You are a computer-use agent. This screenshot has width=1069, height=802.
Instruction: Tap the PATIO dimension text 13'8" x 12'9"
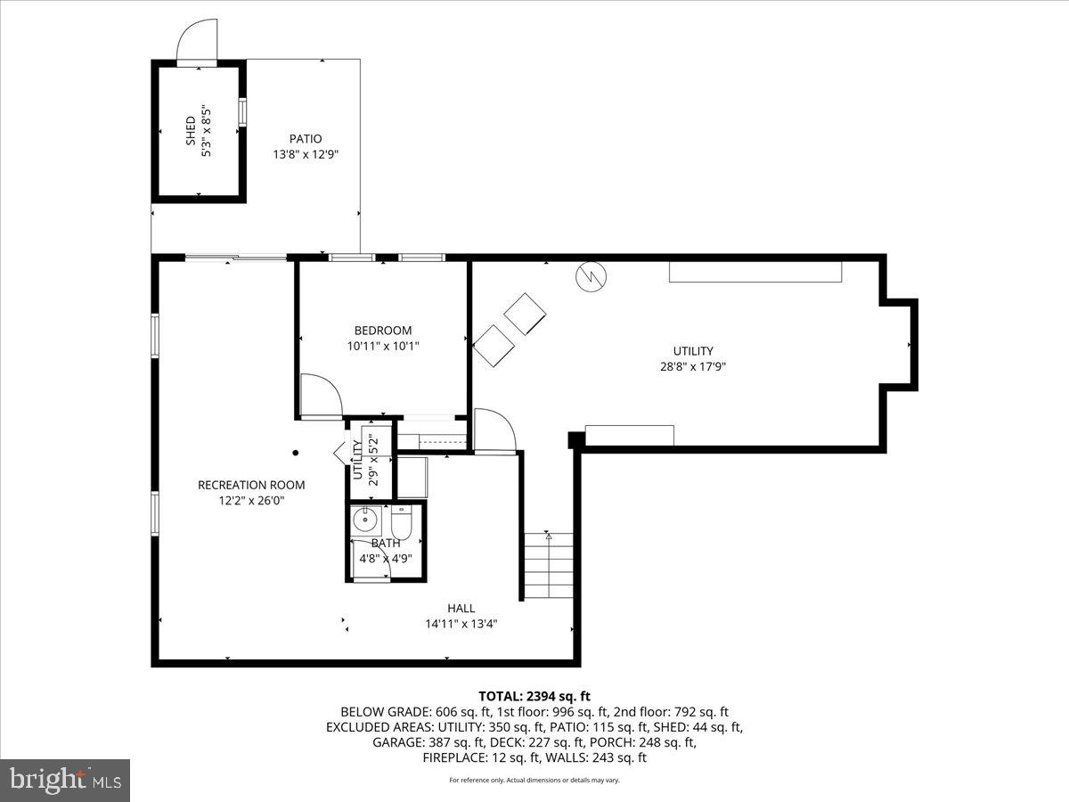click(x=306, y=154)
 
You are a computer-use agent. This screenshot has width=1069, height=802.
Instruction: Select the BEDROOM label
click(x=383, y=331)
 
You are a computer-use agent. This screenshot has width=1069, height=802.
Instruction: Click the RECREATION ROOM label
click(x=251, y=485)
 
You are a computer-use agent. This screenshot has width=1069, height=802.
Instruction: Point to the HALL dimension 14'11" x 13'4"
click(x=461, y=624)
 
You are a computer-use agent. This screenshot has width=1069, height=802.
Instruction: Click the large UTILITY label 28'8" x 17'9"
click(x=693, y=358)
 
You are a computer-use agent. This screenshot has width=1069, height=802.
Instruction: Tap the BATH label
click(x=386, y=543)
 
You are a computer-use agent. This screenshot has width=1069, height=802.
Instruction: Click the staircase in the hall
click(x=548, y=566)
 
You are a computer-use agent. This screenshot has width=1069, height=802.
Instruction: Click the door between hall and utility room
click(x=494, y=432)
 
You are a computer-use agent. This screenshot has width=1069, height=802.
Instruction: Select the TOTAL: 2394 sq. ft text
click(x=534, y=696)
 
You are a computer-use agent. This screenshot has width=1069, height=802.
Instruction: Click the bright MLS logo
click(x=65, y=781)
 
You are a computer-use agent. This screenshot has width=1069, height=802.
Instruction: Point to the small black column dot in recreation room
click(x=297, y=453)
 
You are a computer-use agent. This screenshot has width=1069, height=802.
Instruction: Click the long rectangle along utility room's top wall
click(x=755, y=272)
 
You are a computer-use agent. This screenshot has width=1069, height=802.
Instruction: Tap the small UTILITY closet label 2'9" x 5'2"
click(x=365, y=458)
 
